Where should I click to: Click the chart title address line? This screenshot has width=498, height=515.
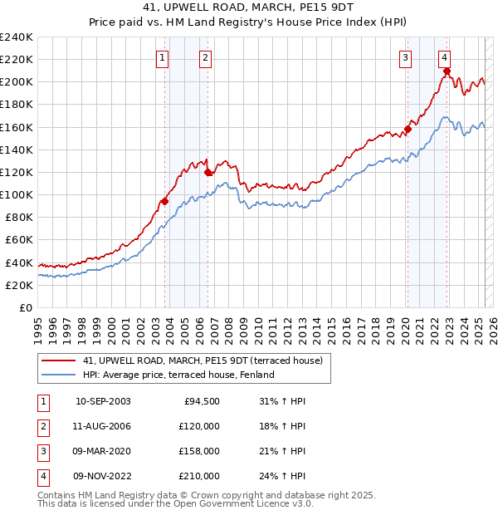[248, 7]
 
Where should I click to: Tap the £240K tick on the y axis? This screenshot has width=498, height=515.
[17, 37]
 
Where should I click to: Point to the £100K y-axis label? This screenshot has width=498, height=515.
[17, 194]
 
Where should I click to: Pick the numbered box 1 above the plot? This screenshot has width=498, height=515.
[162, 58]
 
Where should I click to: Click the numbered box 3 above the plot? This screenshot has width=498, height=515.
[405, 58]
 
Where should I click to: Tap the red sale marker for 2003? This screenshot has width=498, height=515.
[165, 201]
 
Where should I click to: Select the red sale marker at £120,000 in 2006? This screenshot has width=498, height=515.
[207, 172]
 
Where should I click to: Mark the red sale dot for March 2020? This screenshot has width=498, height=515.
[408, 129]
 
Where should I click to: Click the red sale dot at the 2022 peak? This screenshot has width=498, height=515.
[447, 71]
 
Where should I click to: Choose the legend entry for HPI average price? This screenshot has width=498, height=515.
[178, 375]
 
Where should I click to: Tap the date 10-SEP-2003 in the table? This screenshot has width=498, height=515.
[103, 401]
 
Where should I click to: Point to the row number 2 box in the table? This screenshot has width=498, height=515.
[42, 426]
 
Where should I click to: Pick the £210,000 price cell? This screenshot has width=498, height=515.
[200, 476]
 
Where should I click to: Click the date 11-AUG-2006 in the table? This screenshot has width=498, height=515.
[103, 426]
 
